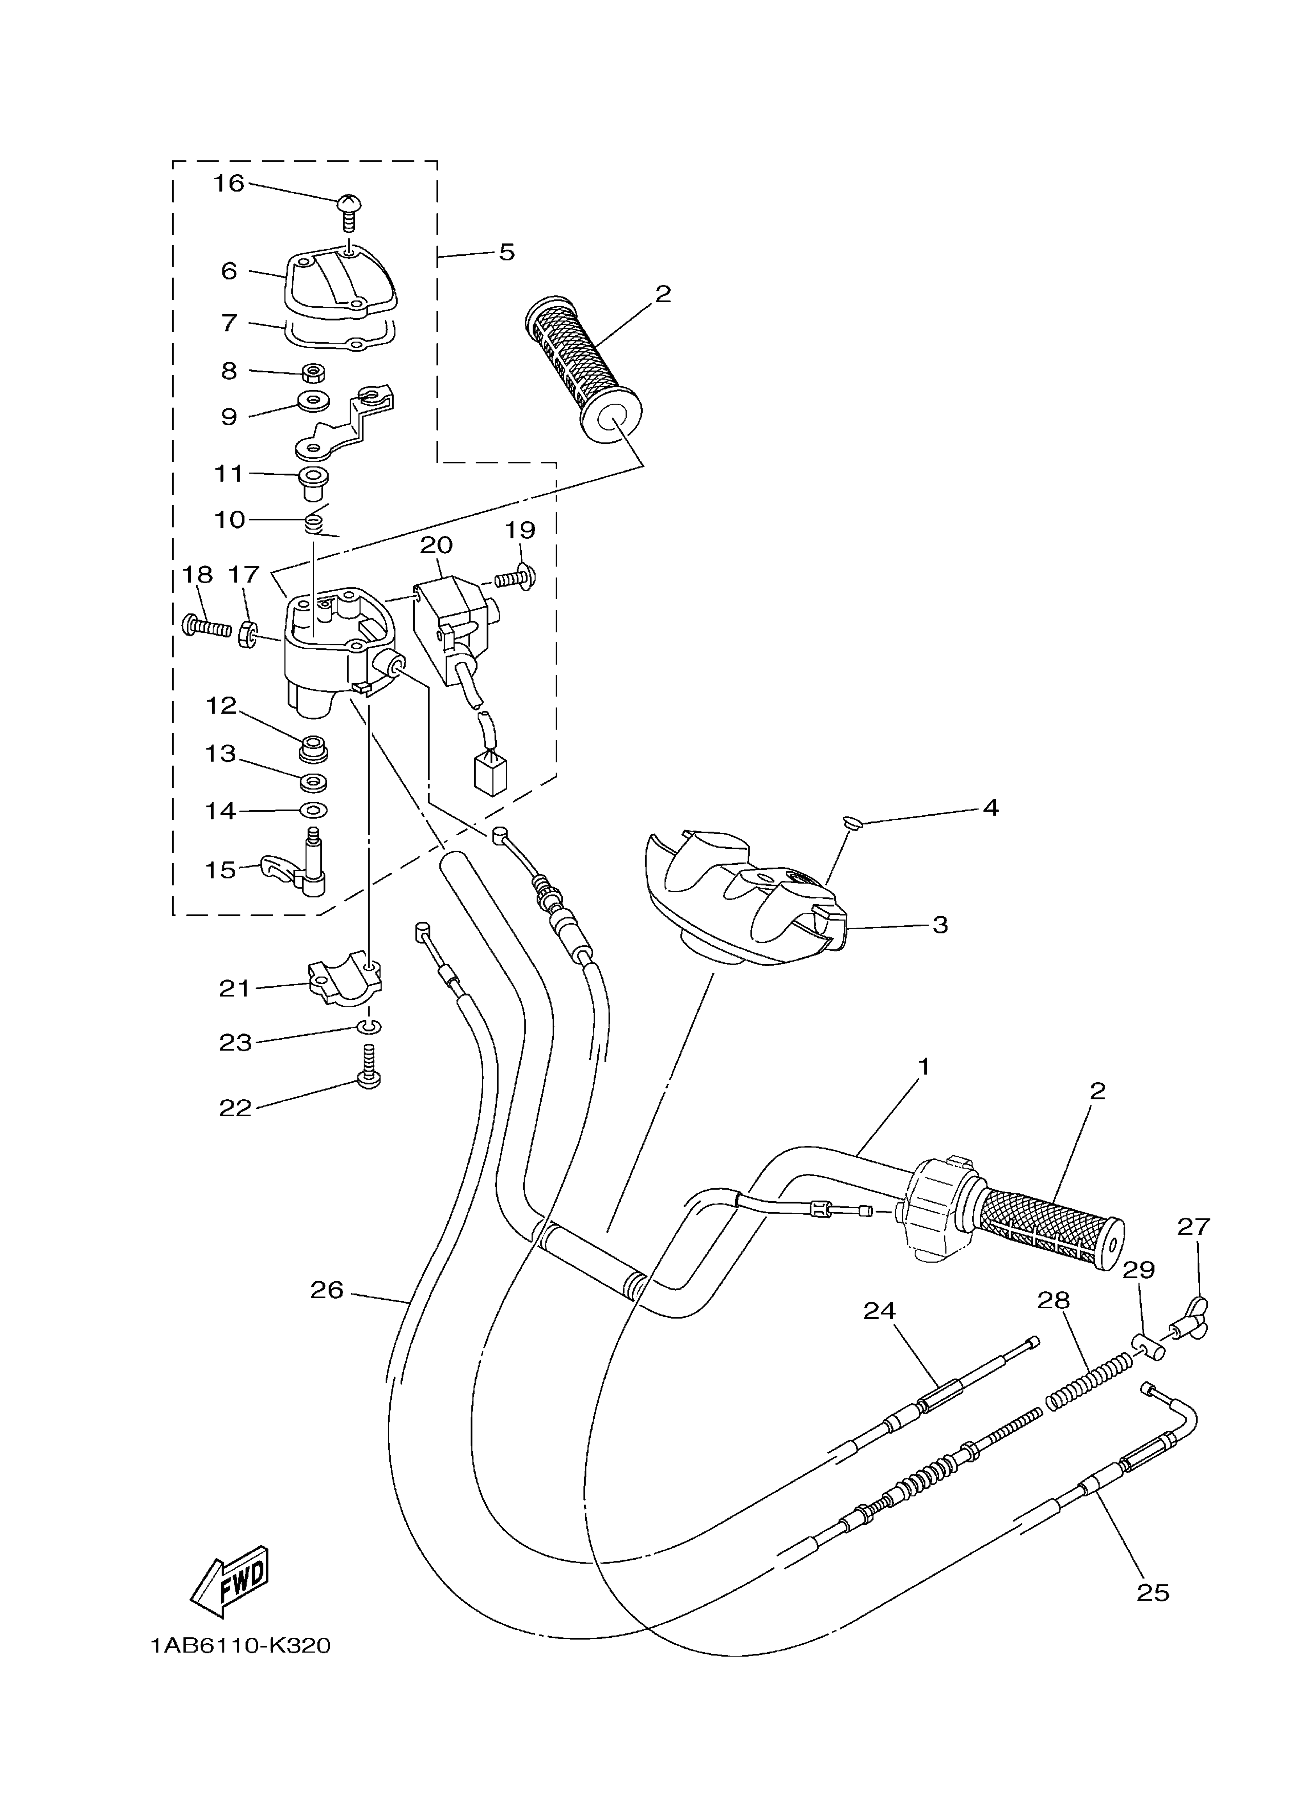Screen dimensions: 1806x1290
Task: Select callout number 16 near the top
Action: [229, 183]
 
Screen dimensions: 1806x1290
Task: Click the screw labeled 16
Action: [348, 210]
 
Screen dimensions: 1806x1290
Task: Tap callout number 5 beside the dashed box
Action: [507, 253]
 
